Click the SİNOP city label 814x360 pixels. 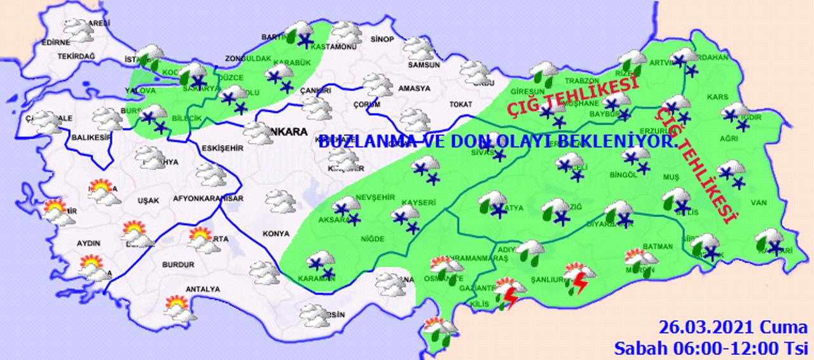point(382,39)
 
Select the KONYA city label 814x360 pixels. point(275,233)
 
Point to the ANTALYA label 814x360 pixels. point(202,289)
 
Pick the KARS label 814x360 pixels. point(717,97)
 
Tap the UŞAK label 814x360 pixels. point(148,200)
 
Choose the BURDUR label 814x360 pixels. point(178,265)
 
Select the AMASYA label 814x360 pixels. point(414,88)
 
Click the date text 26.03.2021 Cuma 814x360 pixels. point(733,328)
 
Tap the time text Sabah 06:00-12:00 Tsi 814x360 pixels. point(710,348)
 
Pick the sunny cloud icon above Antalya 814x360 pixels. point(178,308)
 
